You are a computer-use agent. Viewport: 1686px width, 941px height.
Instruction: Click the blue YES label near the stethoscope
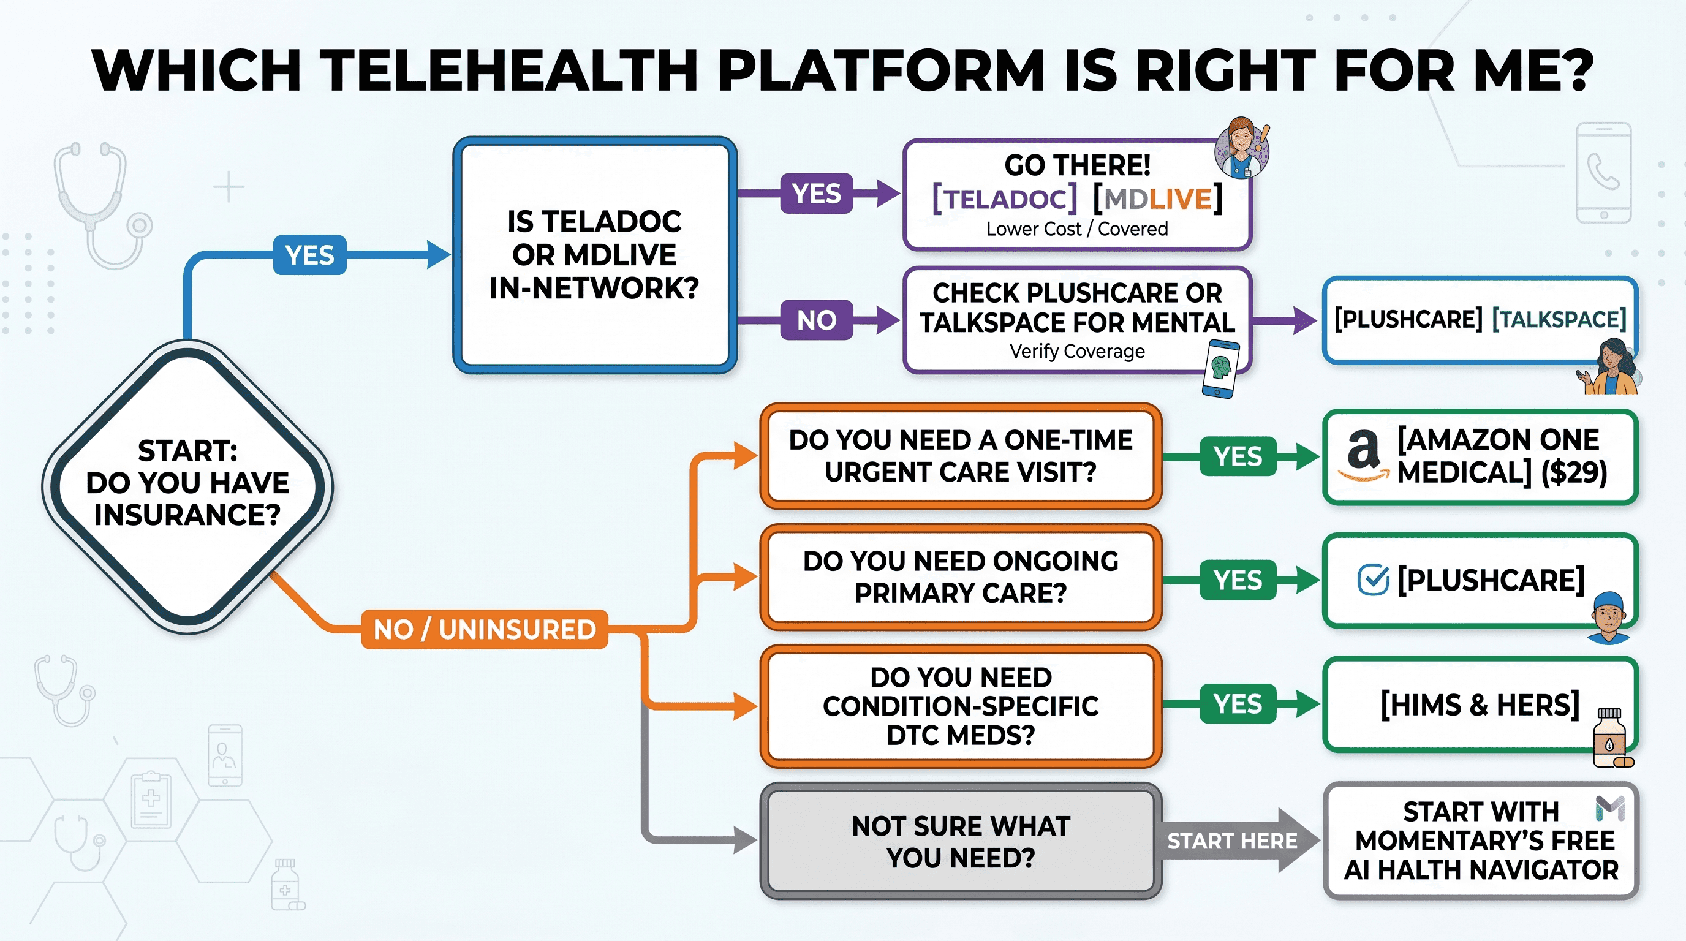point(309,255)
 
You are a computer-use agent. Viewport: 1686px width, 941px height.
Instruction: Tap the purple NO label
point(816,320)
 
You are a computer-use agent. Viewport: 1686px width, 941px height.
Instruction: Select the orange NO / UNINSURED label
point(485,630)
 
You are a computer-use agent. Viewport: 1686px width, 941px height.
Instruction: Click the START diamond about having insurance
point(188,487)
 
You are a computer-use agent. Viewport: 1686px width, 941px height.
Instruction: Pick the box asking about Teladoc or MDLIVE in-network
point(595,255)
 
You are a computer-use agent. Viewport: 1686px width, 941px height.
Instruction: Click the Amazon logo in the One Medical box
point(1364,456)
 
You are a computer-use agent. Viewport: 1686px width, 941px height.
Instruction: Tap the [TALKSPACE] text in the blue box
point(1559,319)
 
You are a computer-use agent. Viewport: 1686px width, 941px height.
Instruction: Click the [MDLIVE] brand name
point(1157,198)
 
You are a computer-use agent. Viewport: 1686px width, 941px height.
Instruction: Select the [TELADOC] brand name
point(1005,198)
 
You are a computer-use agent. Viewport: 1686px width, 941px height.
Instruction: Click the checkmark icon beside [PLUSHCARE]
point(1373,580)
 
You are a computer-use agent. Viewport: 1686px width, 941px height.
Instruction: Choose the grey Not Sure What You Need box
point(961,841)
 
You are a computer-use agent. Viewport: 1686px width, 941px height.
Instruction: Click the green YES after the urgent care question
point(1238,456)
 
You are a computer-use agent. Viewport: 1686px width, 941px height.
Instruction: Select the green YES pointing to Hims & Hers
point(1238,703)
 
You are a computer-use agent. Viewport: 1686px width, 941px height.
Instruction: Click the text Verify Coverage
point(1077,352)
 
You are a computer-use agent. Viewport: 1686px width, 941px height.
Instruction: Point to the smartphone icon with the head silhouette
point(1220,368)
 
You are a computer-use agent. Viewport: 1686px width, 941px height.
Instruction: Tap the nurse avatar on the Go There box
point(1242,148)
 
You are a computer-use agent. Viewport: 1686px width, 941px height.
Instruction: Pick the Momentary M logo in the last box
point(1610,808)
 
